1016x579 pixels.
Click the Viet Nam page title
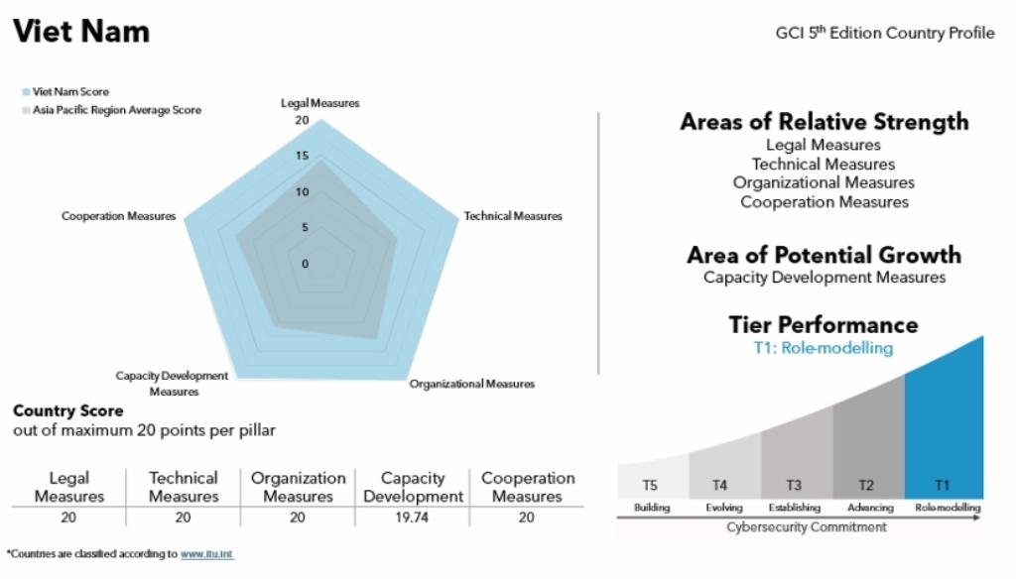[80, 32]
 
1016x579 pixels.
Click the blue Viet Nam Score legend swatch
[26, 92]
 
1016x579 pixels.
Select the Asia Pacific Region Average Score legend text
[116, 110]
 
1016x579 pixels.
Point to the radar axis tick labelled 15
[303, 156]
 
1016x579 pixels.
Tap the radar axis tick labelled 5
[305, 227]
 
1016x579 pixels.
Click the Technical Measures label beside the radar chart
[513, 216]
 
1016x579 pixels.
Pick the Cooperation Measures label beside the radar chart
[118, 216]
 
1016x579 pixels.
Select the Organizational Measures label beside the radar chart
[471, 384]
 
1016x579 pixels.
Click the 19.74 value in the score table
[413, 518]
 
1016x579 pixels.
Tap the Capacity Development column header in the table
[413, 487]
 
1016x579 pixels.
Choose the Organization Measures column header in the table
[298, 487]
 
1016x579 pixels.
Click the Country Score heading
[68, 410]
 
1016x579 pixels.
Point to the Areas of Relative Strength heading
[824, 122]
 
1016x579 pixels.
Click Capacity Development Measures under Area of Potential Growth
[824, 278]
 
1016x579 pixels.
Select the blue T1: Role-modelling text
[824, 348]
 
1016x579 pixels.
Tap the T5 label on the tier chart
[650, 485]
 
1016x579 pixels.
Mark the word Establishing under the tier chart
[794, 508]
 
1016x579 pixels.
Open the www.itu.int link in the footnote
[206, 554]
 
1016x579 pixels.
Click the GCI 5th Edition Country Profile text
[884, 34]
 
